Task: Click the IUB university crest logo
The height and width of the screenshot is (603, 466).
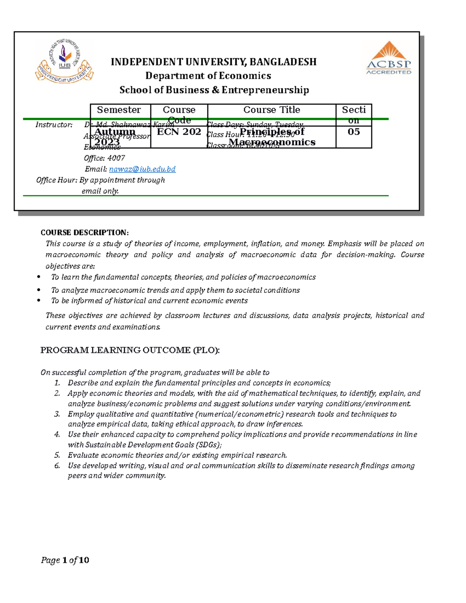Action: [64, 61]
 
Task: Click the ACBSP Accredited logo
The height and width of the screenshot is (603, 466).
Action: [389, 59]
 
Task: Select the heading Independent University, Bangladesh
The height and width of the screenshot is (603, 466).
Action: [214, 62]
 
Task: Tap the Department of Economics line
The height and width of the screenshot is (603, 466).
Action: [208, 76]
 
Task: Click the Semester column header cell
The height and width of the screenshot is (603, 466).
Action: [119, 110]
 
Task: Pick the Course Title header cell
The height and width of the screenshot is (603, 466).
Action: [271, 110]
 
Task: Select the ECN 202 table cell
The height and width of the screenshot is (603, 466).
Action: [179, 132]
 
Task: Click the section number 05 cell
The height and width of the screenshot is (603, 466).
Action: [353, 132]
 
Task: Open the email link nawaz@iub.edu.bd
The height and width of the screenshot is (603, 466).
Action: [142, 169]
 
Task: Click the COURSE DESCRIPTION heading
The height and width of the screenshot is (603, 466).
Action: [84, 233]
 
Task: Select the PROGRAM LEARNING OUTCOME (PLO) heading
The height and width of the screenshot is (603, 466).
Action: [130, 350]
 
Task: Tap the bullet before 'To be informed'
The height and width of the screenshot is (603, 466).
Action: [38, 301]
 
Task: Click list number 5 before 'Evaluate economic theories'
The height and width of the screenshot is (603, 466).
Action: [57, 455]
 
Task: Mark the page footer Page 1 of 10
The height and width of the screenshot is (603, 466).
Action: [65, 560]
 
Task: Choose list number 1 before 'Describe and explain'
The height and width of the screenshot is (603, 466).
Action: [57, 383]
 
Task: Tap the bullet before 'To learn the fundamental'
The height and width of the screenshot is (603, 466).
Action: [38, 277]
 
